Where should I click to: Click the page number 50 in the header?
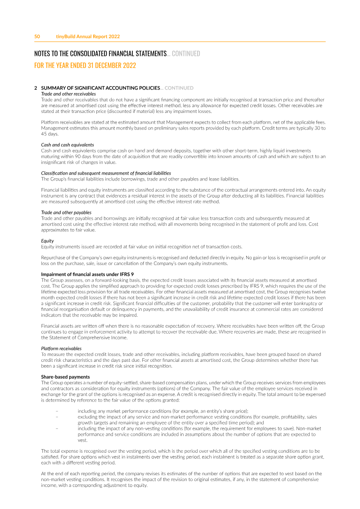coord(37,36)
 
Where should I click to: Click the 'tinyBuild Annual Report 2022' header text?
coord(88,36)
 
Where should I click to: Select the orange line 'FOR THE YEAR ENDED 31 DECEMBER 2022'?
coord(85,65)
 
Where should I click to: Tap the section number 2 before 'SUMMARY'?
coord(36,88)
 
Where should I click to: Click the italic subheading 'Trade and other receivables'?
coord(68,94)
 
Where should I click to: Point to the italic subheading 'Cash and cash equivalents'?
coord(67,144)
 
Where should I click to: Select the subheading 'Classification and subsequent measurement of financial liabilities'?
coord(106,173)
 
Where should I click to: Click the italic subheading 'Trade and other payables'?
coord(66,212)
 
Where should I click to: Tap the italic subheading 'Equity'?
coord(47,241)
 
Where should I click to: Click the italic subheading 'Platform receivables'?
coord(61,348)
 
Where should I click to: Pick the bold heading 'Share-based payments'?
coord(66,377)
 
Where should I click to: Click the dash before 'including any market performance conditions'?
coord(57,411)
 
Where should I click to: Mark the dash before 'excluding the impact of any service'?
coord(57,417)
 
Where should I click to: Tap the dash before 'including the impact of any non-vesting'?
coord(57,428)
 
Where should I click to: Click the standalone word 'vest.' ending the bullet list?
coord(82,441)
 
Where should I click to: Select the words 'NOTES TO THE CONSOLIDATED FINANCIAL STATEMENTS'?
coord(100,54)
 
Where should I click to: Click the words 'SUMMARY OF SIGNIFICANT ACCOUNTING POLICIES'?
coord(100,88)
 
